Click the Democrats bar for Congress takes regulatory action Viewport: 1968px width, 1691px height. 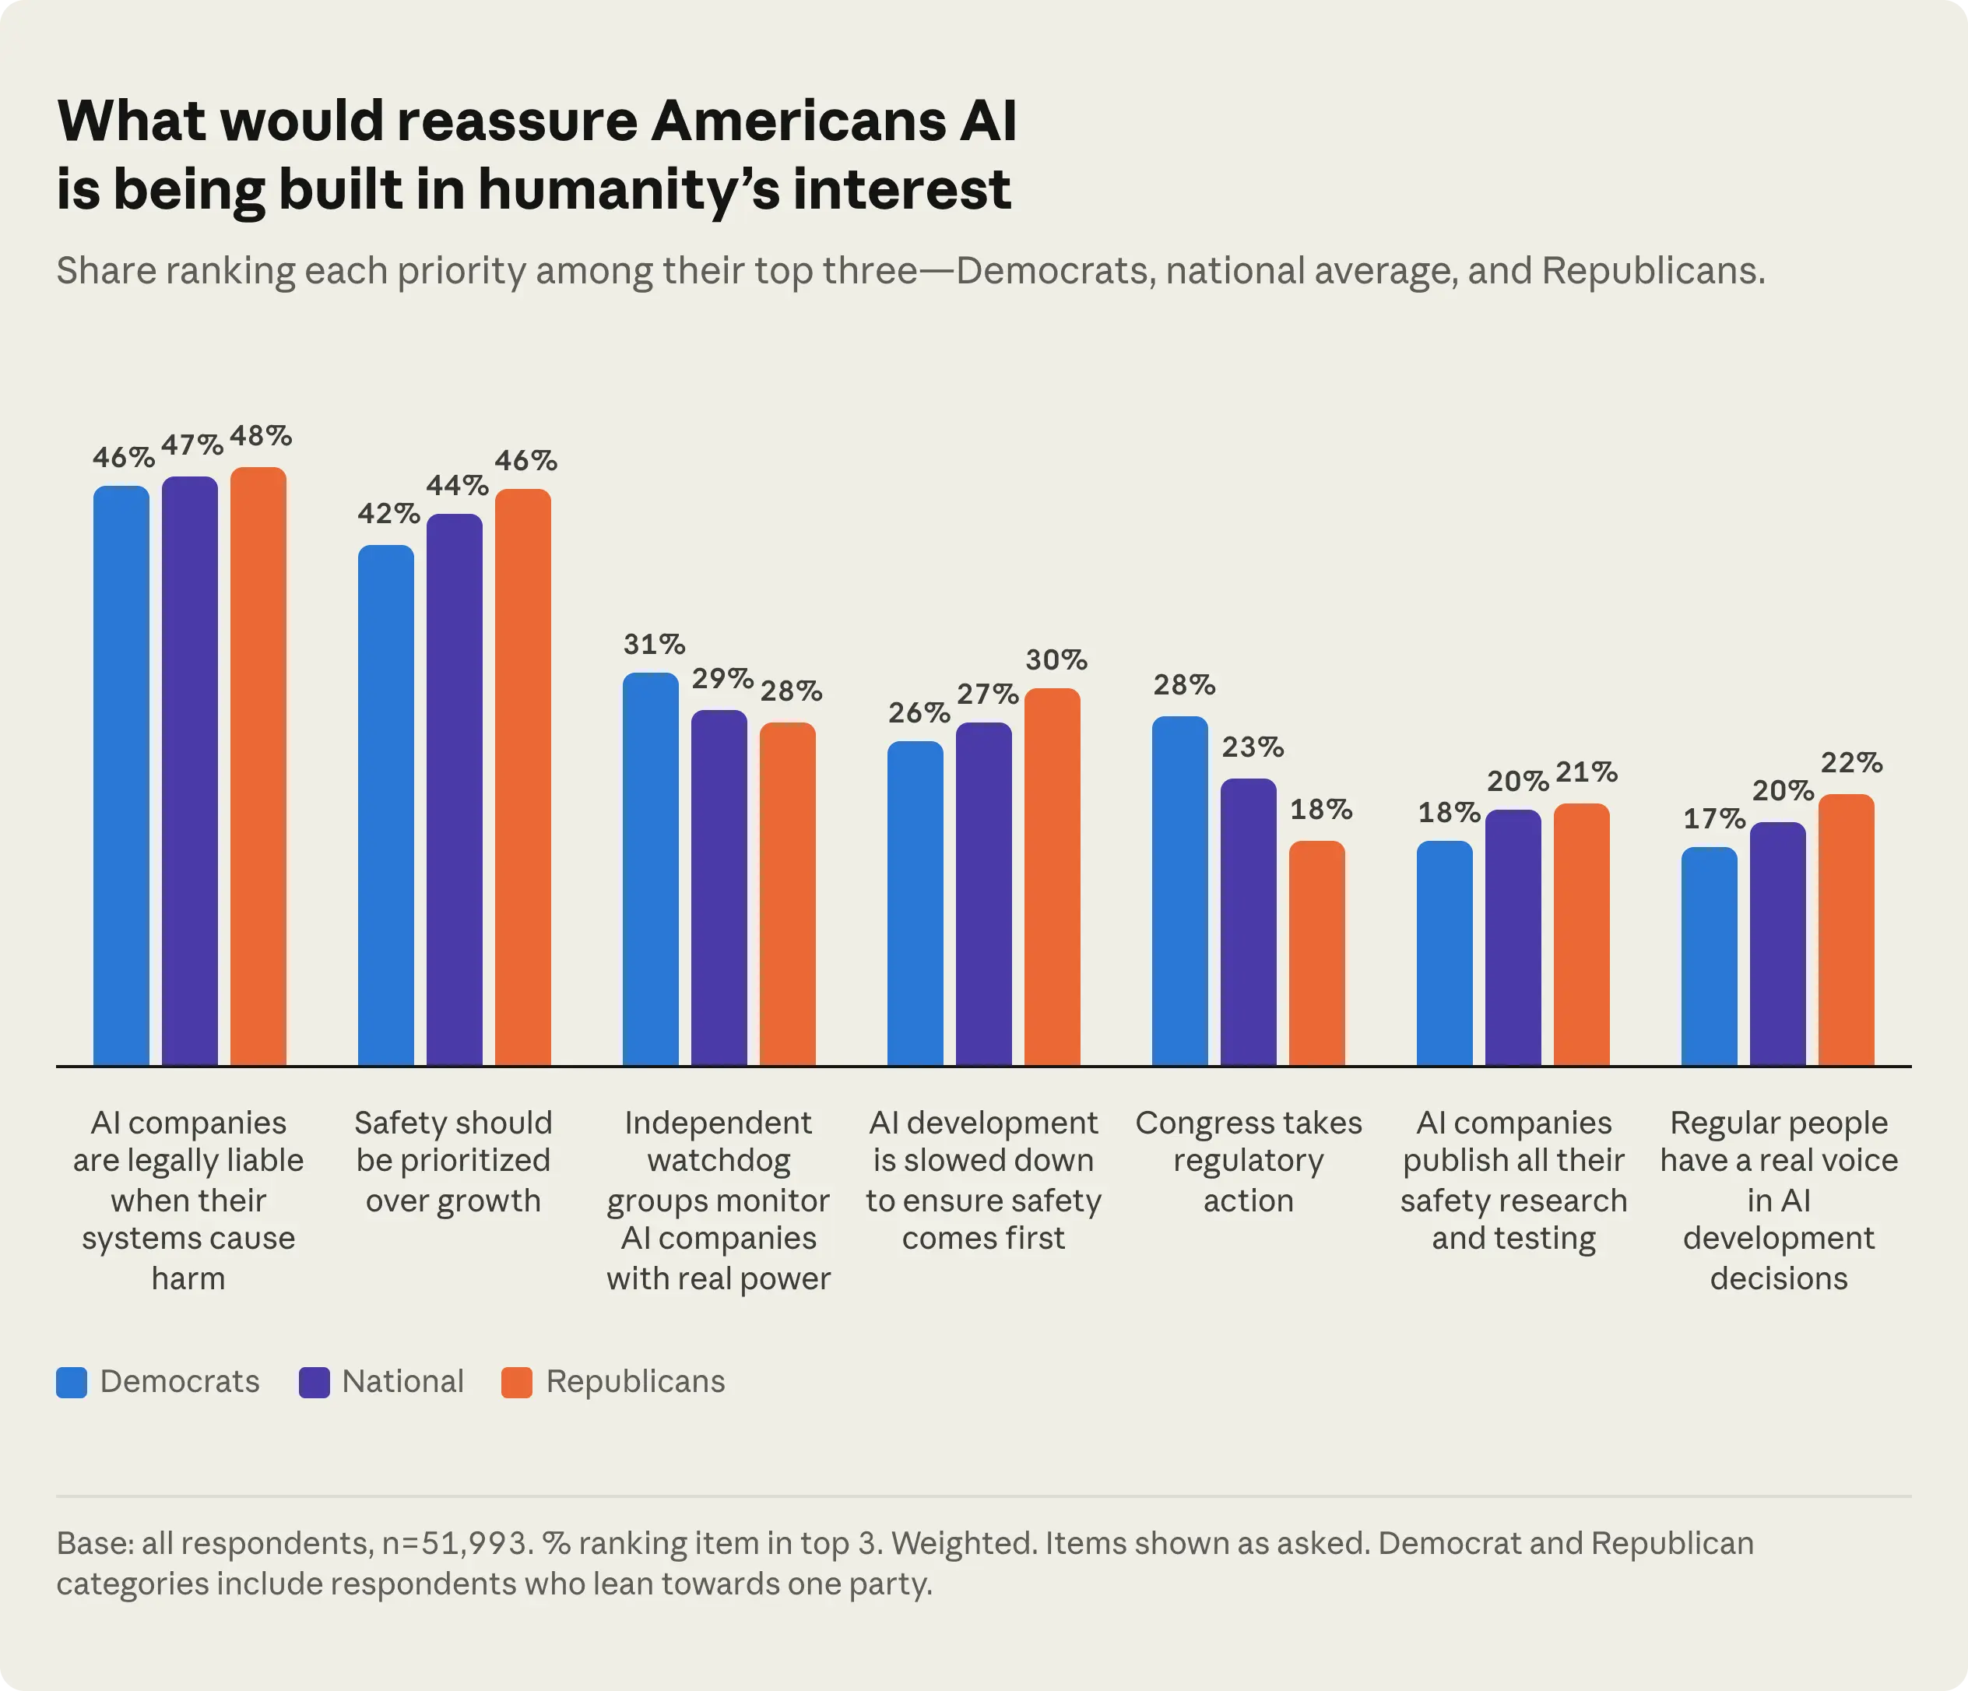pos(1179,891)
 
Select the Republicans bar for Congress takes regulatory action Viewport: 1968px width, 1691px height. pos(1316,953)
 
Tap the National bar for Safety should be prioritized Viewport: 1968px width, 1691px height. pos(454,789)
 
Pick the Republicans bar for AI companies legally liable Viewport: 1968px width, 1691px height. pos(258,766)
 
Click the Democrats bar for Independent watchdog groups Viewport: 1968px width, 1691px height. pos(651,870)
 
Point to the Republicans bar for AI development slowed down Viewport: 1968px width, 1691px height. pos(1053,877)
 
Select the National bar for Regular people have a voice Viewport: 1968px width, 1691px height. pos(1778,944)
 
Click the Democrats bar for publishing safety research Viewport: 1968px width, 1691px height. pos(1445,953)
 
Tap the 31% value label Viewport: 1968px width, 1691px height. pos(655,644)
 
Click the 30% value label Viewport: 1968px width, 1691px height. pos(1056,659)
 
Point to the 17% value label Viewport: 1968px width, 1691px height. pos(1714,818)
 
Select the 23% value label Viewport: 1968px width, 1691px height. pos(1253,747)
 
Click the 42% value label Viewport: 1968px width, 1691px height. pos(388,514)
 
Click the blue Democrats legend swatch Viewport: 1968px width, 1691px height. pos(72,1382)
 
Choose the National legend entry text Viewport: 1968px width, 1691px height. pos(402,1381)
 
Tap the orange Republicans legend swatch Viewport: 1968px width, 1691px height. pos(517,1382)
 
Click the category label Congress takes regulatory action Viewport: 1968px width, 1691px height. pos(1248,1161)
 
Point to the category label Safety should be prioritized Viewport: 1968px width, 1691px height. pos(453,1161)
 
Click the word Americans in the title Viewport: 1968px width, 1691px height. pos(799,121)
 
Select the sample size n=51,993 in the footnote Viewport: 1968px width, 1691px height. pos(454,1543)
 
